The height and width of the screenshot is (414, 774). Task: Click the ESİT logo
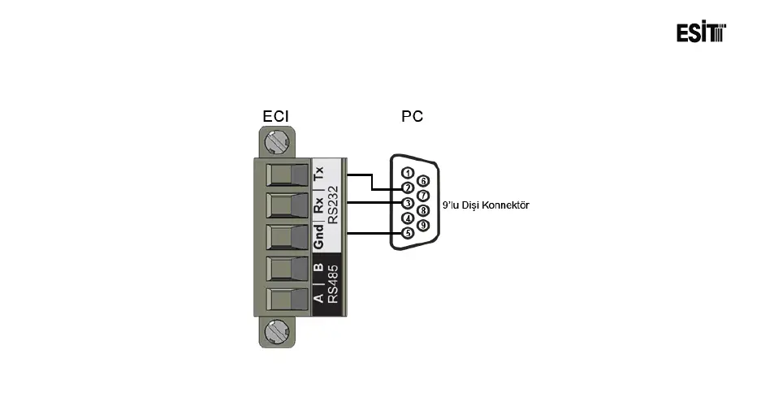coord(701,32)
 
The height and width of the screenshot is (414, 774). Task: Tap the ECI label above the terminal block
coord(275,117)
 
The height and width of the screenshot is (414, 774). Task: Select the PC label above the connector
coord(412,117)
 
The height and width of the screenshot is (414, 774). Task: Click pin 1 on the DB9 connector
coord(408,173)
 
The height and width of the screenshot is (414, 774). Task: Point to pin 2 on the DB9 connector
coord(408,188)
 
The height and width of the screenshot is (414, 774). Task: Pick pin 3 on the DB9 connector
coord(408,203)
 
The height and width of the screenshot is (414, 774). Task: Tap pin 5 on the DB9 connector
coord(408,233)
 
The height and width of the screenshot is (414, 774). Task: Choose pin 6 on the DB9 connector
coord(422,180)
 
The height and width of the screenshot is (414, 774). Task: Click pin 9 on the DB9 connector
coord(422,225)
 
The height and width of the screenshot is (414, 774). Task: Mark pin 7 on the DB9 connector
coord(422,196)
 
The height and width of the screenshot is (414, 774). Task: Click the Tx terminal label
coord(319,173)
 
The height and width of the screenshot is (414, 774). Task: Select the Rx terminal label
coord(319,206)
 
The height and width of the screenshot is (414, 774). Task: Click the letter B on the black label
coord(319,267)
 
